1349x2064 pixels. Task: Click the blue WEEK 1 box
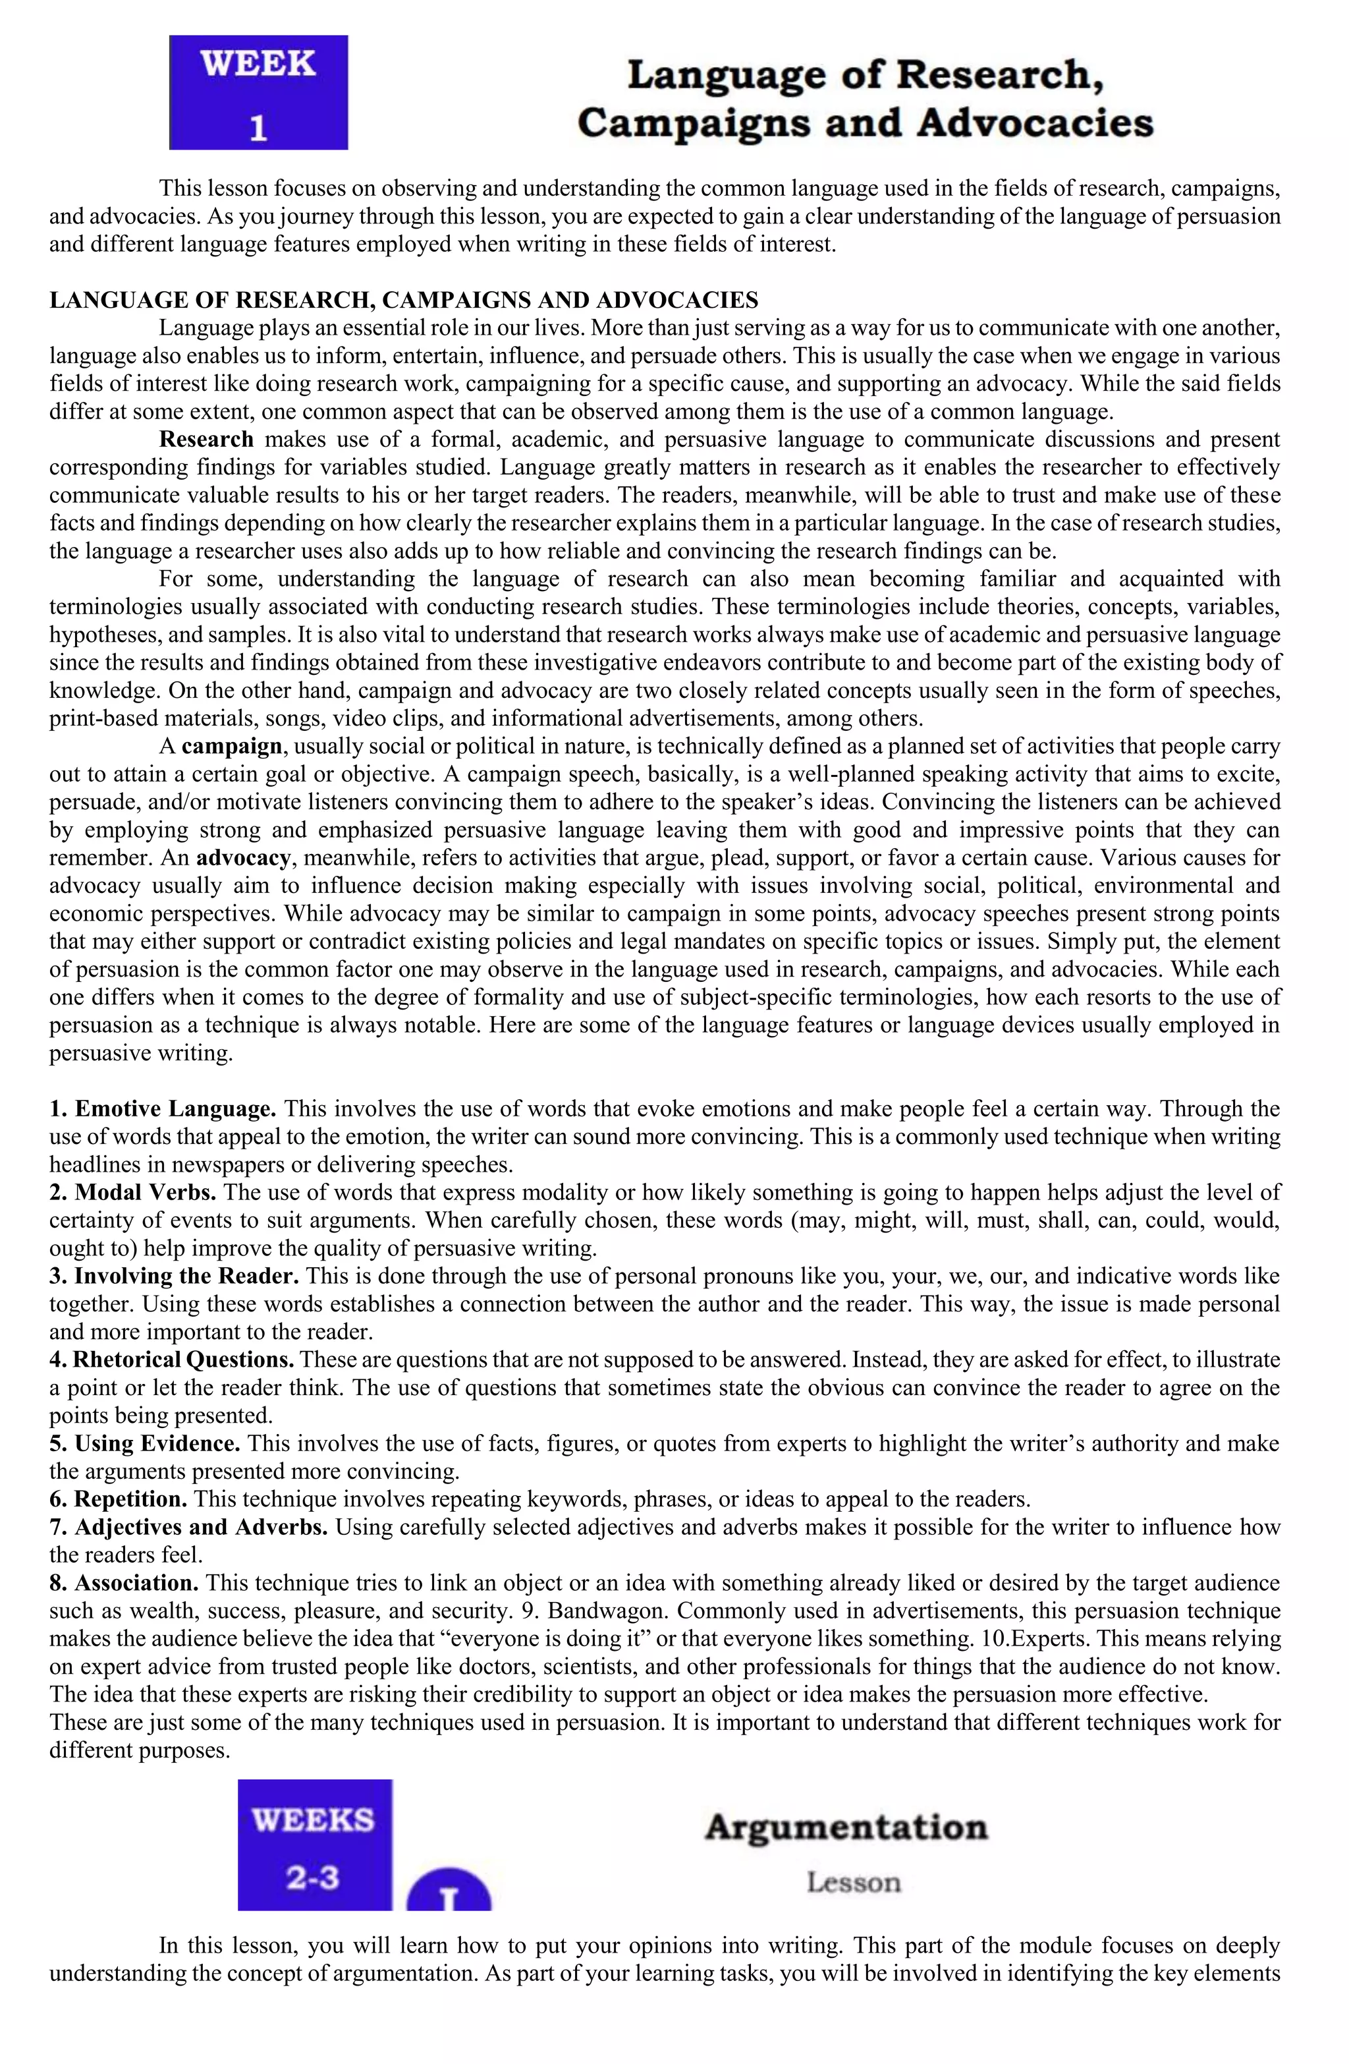pos(258,93)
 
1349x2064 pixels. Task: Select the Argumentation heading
pos(846,1827)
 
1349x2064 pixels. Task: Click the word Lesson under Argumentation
pos(853,1883)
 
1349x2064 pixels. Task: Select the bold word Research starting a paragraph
pos(206,439)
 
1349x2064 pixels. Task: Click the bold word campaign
pos(231,746)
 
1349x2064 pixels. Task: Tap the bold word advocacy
pos(243,857)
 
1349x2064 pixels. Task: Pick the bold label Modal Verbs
pos(145,1191)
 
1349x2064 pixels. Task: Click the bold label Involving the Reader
pos(186,1276)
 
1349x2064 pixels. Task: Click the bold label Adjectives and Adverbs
pos(200,1526)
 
